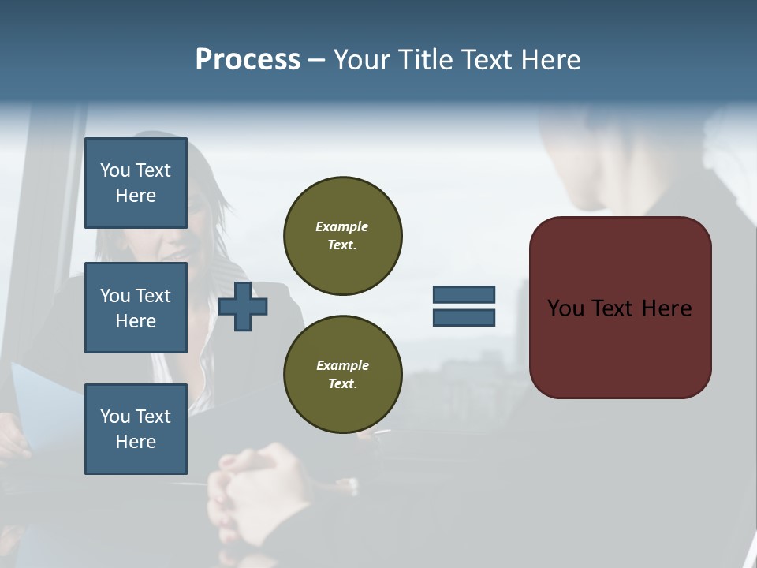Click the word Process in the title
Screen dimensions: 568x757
coord(248,60)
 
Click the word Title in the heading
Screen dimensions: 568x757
coord(426,60)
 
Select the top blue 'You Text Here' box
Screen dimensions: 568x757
coord(136,183)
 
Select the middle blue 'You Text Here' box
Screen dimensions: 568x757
coord(136,308)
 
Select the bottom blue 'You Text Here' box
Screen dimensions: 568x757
coord(136,429)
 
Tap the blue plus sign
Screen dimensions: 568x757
coord(243,306)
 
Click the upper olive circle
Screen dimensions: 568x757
coord(342,235)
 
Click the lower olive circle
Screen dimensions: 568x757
coord(342,375)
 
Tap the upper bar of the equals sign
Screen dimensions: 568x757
coord(464,294)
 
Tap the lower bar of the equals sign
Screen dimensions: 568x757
coord(464,318)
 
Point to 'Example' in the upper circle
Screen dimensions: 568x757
coord(342,226)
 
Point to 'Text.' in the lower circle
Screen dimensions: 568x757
coord(342,384)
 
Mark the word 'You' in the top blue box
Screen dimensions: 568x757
coord(114,170)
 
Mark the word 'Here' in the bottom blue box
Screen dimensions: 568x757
coord(136,442)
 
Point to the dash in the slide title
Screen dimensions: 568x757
coord(316,60)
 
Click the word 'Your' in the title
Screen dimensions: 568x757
coord(364,60)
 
